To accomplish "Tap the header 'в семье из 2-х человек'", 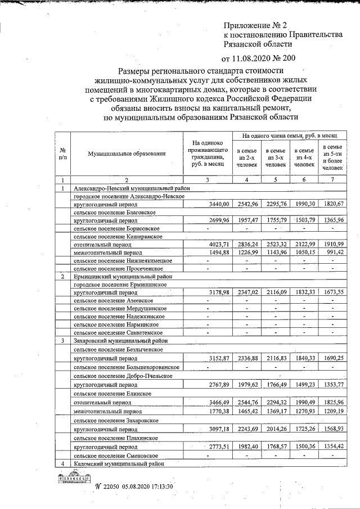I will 247,157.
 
